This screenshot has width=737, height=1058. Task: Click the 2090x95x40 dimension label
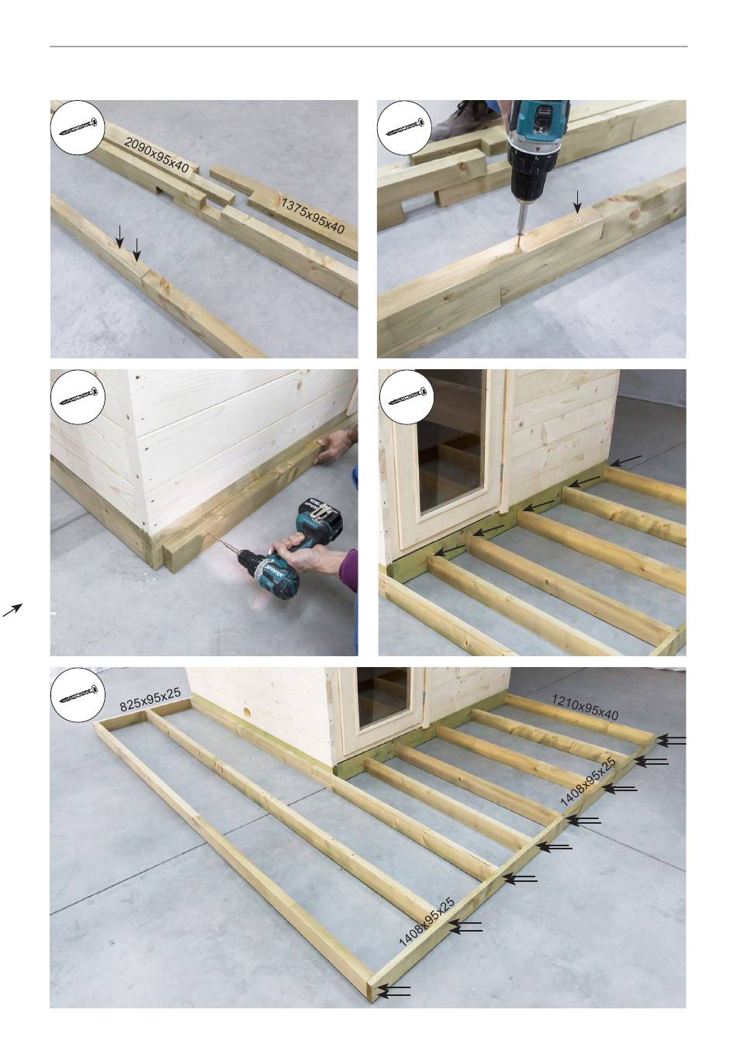pyautogui.click(x=157, y=154)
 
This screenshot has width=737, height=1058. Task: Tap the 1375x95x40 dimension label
pyautogui.click(x=313, y=216)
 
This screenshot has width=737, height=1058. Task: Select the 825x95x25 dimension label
pyautogui.click(x=151, y=700)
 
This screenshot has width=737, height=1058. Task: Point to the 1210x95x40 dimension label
pyautogui.click(x=585, y=707)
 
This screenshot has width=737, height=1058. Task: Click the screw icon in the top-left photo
pyautogui.click(x=78, y=127)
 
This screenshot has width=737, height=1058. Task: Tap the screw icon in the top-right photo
pyautogui.click(x=406, y=127)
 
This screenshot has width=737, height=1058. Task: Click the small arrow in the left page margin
pyautogui.click(x=12, y=610)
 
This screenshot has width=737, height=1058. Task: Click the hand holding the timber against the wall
pyautogui.click(x=336, y=445)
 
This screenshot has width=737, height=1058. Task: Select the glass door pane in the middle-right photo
pyautogui.click(x=452, y=441)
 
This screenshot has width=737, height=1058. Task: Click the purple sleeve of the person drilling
pyautogui.click(x=348, y=570)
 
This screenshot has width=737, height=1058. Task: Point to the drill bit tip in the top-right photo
pyautogui.click(x=517, y=247)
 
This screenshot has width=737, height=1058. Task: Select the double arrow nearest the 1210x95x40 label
pyautogui.click(x=671, y=740)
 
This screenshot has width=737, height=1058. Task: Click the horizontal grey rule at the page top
pyautogui.click(x=368, y=47)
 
